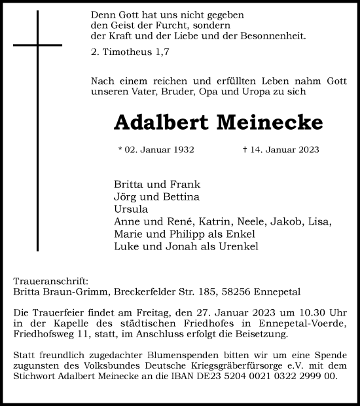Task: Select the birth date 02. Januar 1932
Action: [x=156, y=150]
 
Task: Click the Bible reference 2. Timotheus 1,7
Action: [x=128, y=50]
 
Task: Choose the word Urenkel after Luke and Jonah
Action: [x=223, y=247]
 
